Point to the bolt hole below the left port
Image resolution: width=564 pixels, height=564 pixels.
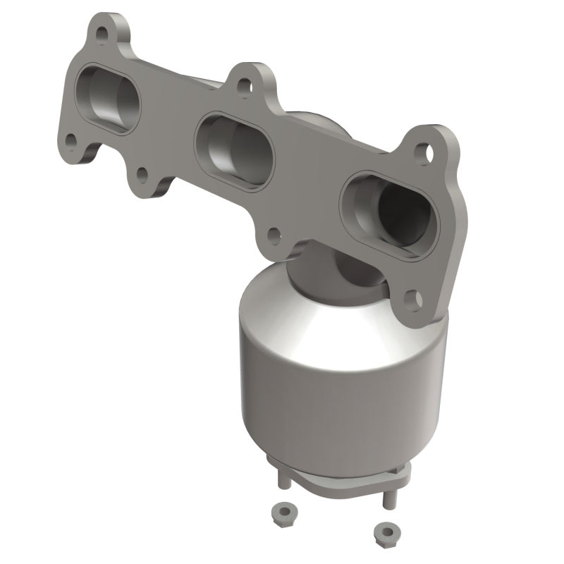pos(71,140)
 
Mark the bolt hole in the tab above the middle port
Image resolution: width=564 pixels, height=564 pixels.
pos(244,86)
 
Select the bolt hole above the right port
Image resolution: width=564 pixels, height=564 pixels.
pos(423,149)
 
